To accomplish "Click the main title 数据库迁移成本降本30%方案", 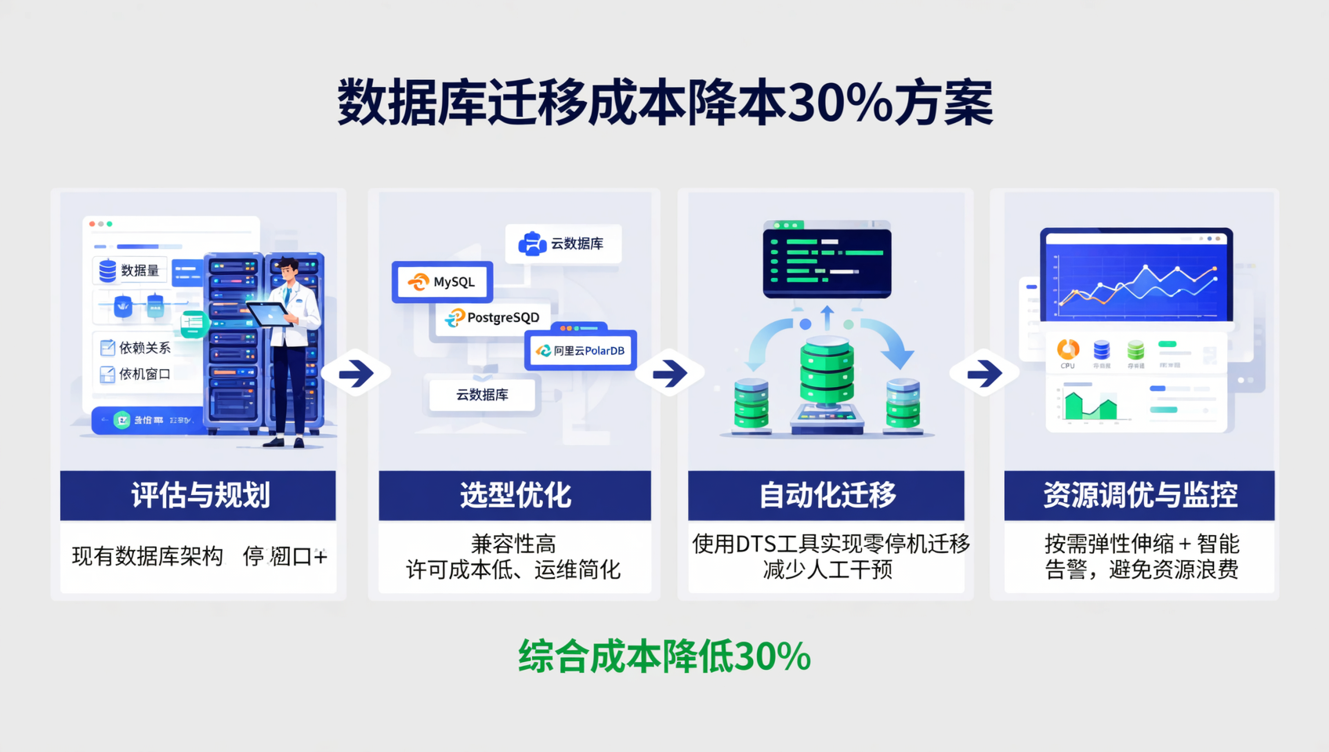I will pos(664,103).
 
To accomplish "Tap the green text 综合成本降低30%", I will pos(664,656).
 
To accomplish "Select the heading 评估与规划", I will pos(199,495).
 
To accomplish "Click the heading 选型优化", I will pos(515,495).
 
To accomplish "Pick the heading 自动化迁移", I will pos(827,495).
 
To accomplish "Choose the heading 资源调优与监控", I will pos(1139,495).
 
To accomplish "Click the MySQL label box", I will pos(443,282).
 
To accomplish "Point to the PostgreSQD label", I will pos(493,317).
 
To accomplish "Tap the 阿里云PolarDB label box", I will pos(581,351).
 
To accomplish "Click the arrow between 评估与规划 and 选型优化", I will pos(357,373).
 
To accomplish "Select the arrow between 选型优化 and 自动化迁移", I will pos(670,373).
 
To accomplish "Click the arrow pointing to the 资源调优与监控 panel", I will pos(984,373).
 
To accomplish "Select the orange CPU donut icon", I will pos(1067,349).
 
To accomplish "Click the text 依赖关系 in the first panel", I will pos(144,348).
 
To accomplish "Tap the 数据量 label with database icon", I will pos(130,270).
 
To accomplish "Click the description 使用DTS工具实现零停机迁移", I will pos(831,544).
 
